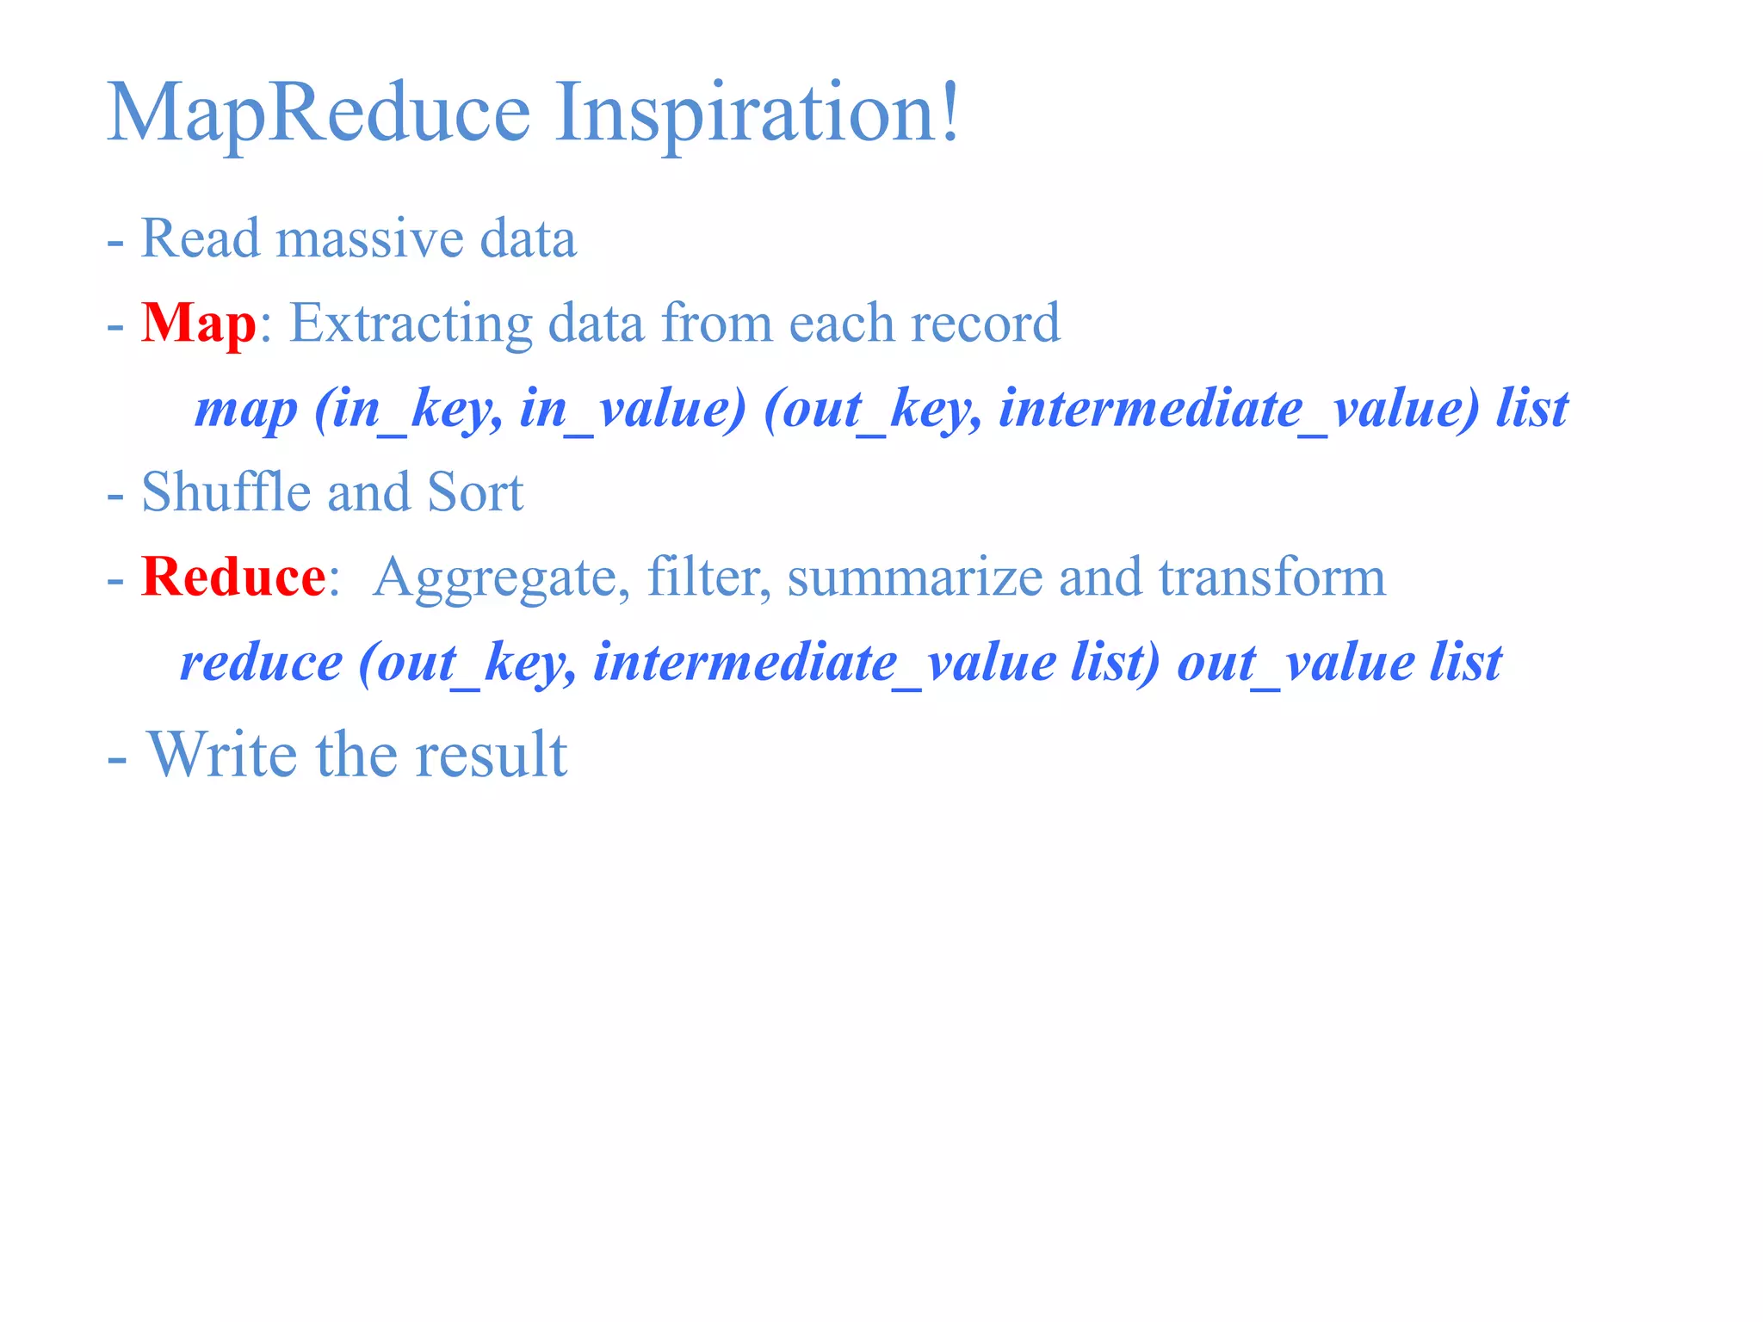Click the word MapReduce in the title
click(x=319, y=112)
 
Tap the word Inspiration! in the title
click(x=756, y=112)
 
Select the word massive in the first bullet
click(x=368, y=238)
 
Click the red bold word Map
click(x=199, y=324)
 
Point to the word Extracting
click(x=411, y=324)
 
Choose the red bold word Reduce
click(x=233, y=577)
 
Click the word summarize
click(x=914, y=577)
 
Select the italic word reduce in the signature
click(x=261, y=663)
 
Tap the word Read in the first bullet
click(x=200, y=238)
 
